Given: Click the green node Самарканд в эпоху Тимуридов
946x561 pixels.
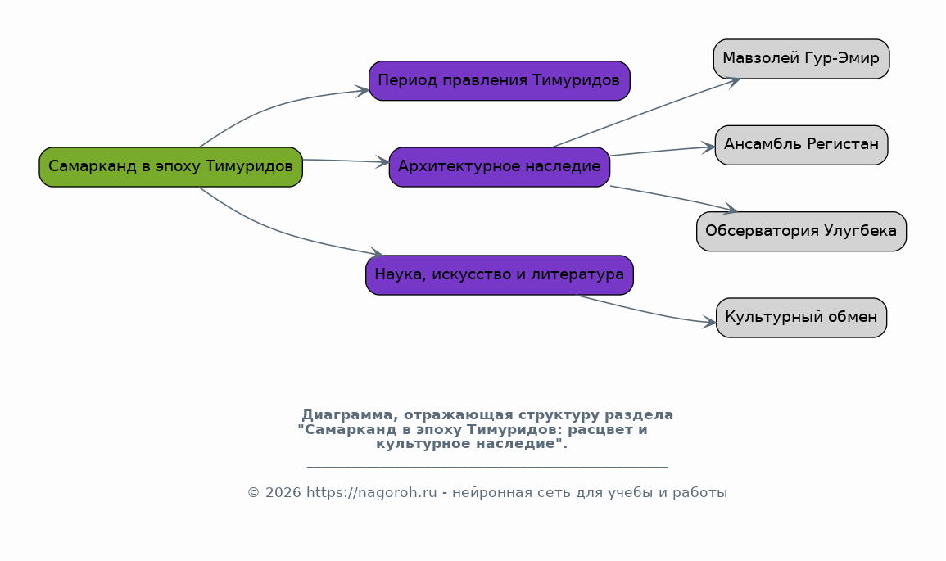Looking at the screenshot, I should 170,167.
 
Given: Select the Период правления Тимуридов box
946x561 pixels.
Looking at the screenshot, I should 499,81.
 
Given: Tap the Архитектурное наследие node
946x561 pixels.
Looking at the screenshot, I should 499,167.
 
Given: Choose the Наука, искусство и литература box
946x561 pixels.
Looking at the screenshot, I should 499,275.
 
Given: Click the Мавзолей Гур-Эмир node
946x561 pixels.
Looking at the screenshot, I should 801,59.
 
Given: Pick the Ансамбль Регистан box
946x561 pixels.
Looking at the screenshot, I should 801,145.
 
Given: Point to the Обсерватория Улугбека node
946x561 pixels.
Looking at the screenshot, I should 801,232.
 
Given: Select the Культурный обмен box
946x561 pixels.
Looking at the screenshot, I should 801,318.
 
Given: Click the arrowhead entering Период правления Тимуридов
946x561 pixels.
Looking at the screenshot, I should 362,90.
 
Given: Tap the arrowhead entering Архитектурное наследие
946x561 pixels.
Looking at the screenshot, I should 382,162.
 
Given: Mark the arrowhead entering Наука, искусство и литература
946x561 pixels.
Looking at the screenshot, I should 376,253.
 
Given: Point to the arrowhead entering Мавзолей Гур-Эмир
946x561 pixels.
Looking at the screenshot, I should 733,80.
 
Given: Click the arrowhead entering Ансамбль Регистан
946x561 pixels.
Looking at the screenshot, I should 708,147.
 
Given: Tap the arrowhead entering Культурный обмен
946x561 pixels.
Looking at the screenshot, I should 710,323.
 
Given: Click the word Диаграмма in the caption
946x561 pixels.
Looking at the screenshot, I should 345,415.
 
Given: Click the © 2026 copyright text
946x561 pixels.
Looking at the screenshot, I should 274,493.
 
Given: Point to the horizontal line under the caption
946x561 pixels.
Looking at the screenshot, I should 487,467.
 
